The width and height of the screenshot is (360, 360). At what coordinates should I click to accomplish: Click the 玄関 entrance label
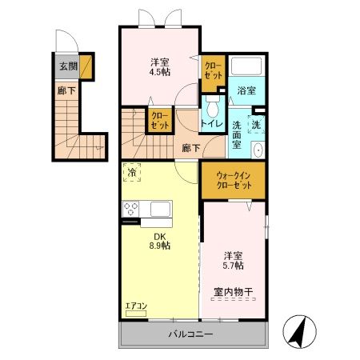67,66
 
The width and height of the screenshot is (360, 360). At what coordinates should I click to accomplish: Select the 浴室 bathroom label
246,91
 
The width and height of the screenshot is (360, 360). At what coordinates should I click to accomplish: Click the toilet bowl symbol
213,106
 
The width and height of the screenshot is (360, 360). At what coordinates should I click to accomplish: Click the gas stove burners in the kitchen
132,209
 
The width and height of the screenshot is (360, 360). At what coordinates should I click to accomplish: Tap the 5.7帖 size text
234,265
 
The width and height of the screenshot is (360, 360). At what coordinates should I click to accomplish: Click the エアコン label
136,306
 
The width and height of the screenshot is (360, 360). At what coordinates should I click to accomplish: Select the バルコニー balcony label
190,334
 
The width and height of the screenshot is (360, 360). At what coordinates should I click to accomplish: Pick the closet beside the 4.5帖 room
214,70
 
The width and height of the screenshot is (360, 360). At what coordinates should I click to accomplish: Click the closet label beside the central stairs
160,120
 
